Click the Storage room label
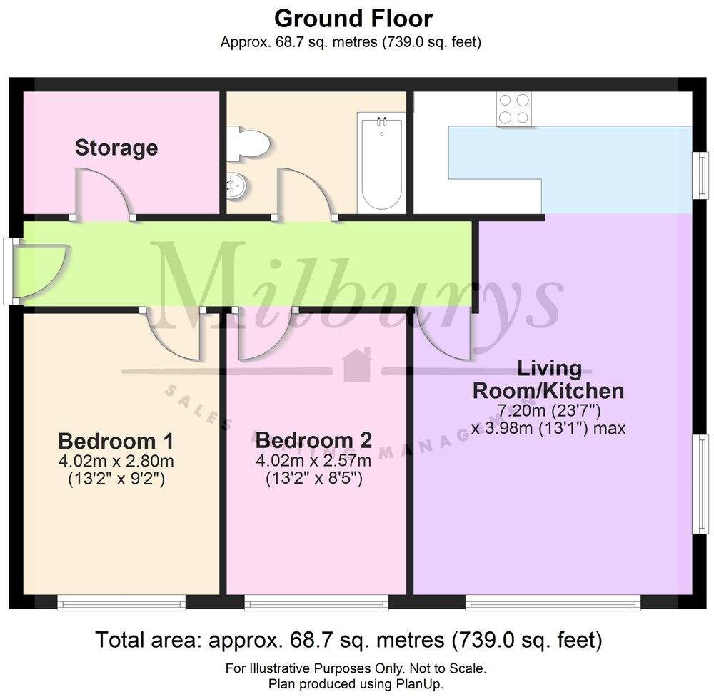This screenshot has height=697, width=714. click(116, 148)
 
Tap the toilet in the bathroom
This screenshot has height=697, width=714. click(249, 141)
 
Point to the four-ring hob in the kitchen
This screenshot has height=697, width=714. click(514, 109)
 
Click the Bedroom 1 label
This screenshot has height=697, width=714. click(116, 440)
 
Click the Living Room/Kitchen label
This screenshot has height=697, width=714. click(549, 380)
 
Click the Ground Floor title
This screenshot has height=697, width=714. click(353, 18)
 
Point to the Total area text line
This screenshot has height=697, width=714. click(349, 640)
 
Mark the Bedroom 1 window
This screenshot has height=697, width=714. click(121, 605)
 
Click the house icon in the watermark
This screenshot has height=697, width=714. click(357, 365)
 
